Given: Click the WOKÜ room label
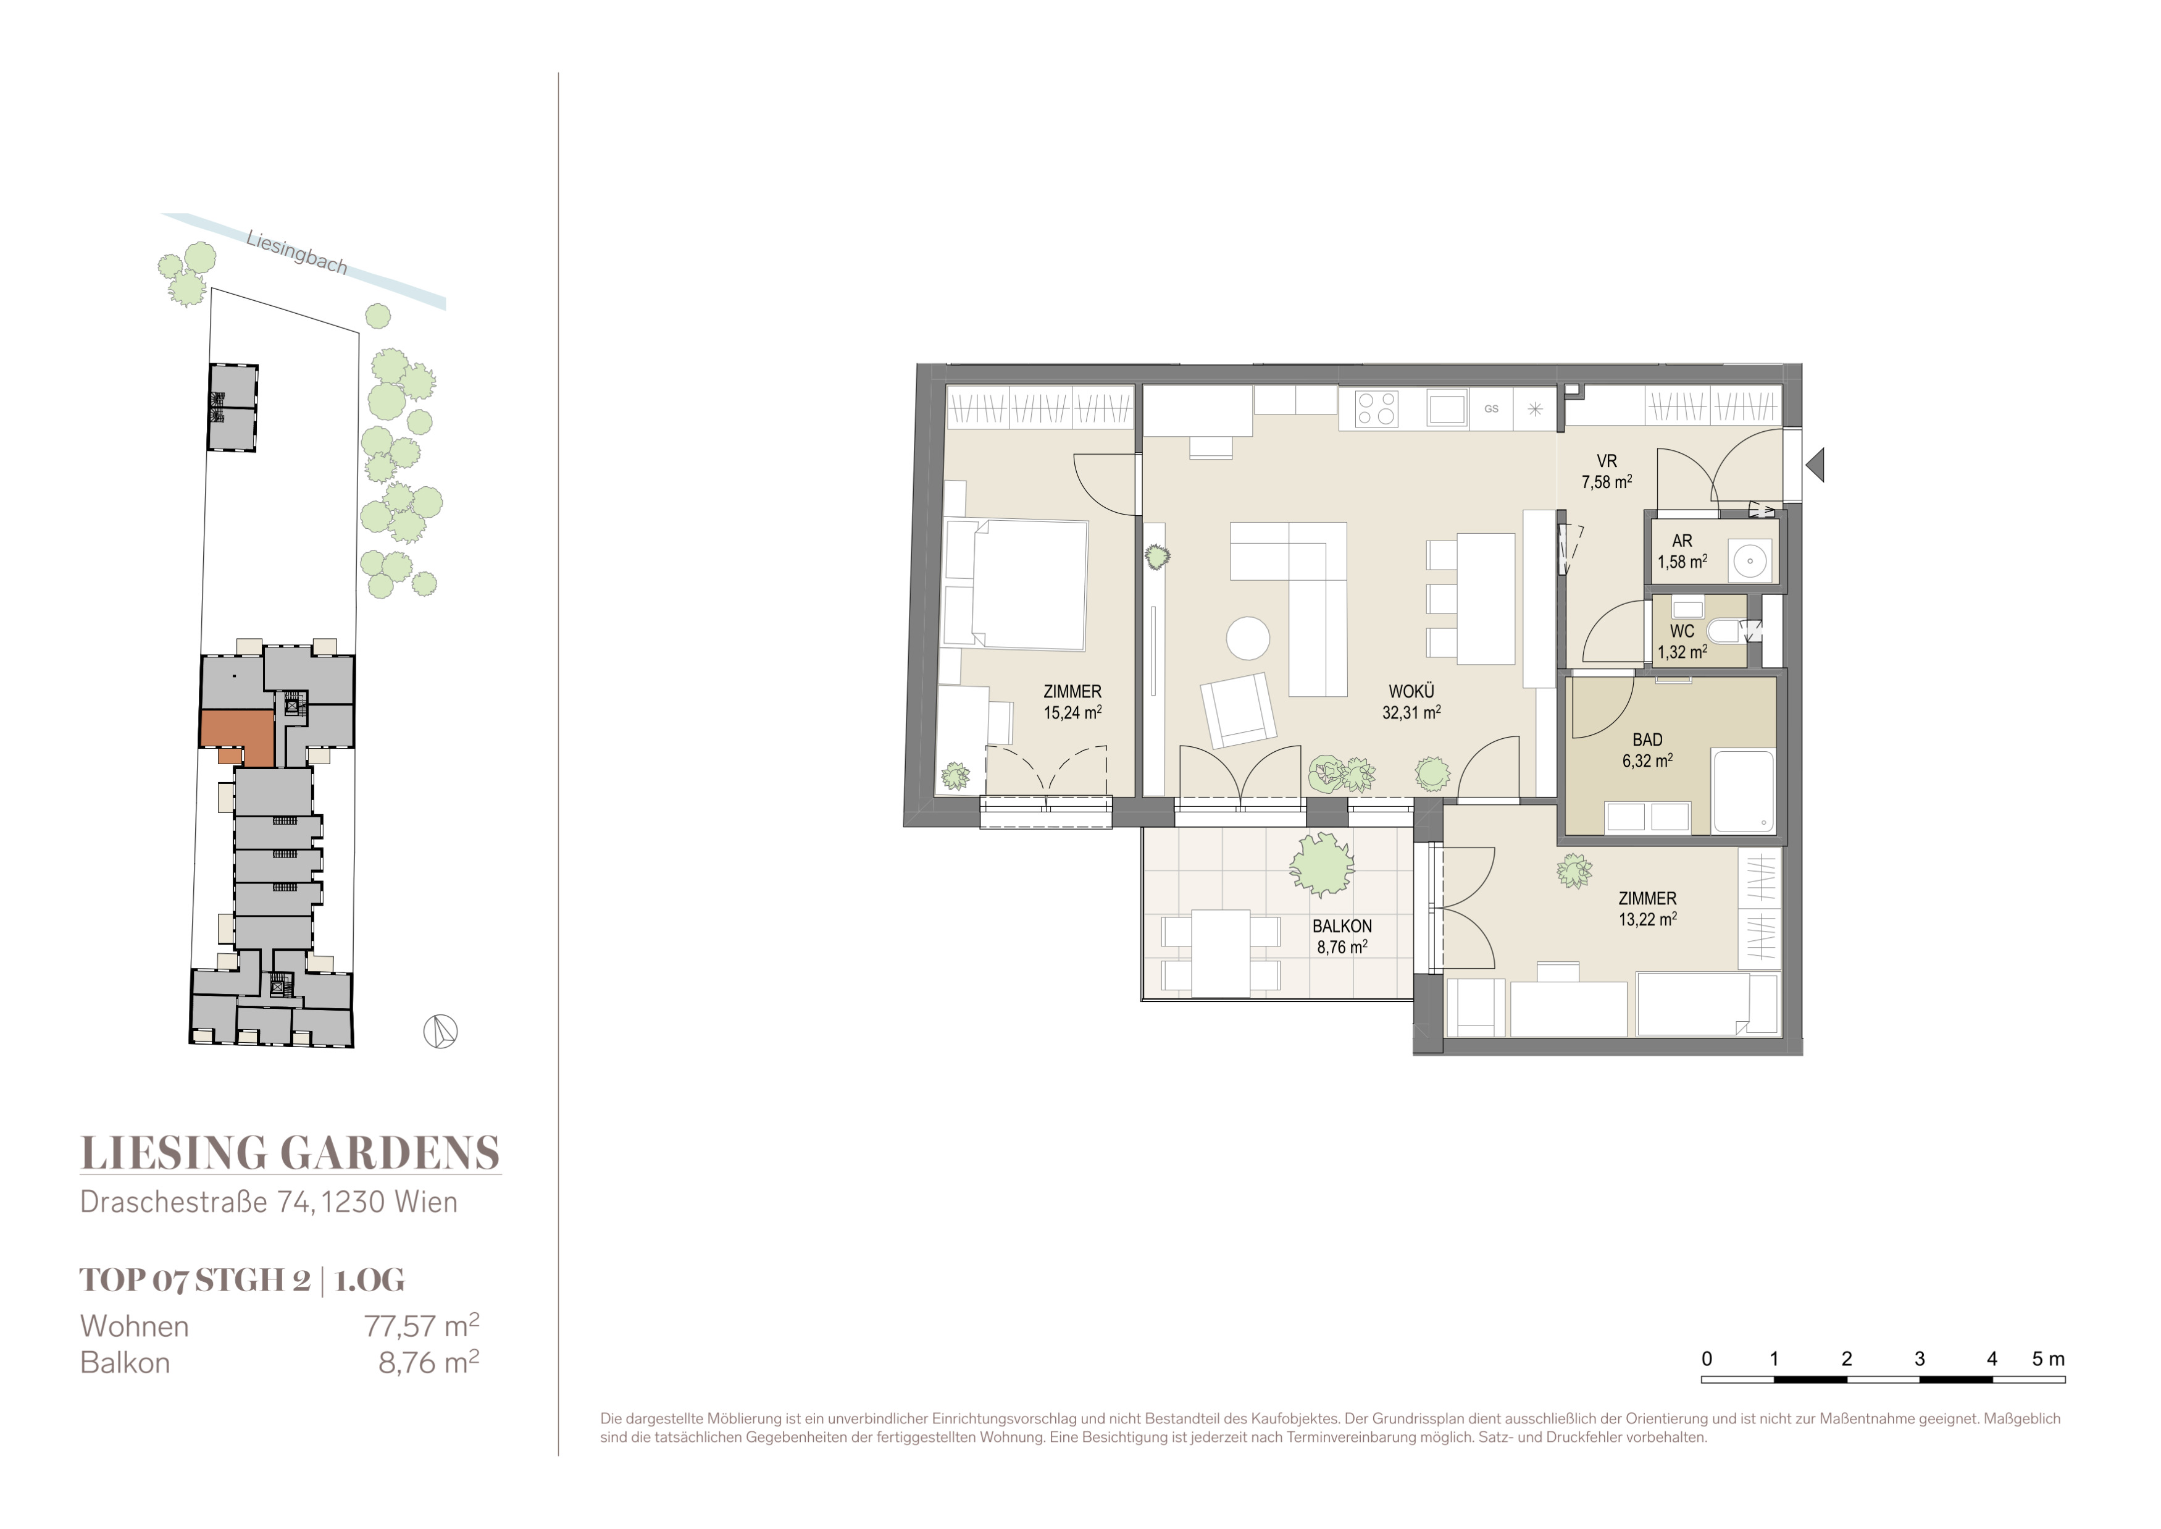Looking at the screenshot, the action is [1411, 692].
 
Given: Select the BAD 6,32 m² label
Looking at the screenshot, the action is [1647, 751].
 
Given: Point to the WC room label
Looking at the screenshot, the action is [1682, 631].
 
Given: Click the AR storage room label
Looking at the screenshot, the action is [1682, 541].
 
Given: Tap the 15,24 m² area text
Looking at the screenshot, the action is [1072, 713].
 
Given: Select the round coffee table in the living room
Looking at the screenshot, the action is [1248, 638].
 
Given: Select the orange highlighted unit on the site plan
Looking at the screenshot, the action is [237, 735].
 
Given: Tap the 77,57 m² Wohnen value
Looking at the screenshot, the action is [422, 1326].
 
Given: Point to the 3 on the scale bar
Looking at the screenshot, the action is [1919, 1358].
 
